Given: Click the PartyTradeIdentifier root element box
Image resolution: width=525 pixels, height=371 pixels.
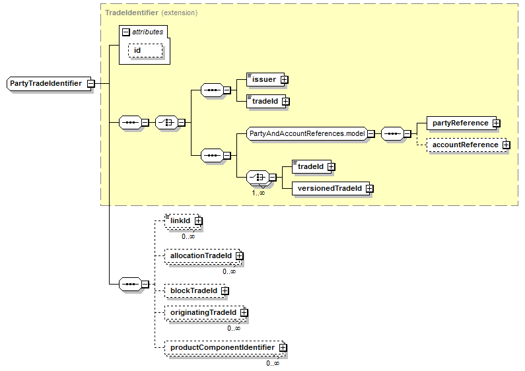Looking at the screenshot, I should tap(46, 84).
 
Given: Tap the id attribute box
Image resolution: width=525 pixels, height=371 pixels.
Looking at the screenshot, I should tap(144, 51).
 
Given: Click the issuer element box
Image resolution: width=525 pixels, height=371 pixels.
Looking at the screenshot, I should tap(263, 79).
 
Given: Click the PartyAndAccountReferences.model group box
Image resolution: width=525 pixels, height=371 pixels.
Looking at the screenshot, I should tap(306, 133).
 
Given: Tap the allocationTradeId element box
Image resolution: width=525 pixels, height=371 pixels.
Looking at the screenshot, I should tap(201, 255).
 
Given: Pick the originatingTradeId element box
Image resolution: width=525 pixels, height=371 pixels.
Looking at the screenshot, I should tap(203, 312).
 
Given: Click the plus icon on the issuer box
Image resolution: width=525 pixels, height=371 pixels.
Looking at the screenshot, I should tap(285, 79).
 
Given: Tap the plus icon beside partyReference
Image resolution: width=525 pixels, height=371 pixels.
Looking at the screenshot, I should tap(495, 123).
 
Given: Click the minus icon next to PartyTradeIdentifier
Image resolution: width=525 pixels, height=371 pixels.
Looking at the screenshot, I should tap(90, 84).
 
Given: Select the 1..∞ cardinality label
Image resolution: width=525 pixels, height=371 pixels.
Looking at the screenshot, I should tap(258, 193).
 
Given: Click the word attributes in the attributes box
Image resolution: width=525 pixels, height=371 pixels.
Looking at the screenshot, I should tap(147, 32).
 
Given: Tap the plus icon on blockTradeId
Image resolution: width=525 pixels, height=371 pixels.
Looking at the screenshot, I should tap(225, 290).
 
